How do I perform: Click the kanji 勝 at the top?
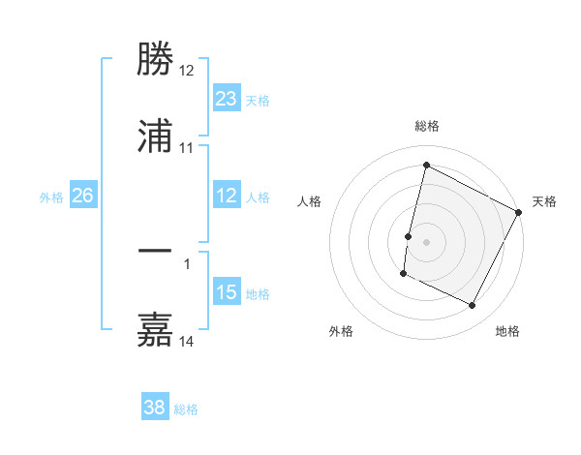coord(155,61)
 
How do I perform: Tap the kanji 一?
coord(155,251)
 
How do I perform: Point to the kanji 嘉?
coord(155,329)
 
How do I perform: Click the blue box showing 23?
coord(226,99)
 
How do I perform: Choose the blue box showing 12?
coord(226,197)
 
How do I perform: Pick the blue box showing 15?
coord(226,293)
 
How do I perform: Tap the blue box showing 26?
coord(82,197)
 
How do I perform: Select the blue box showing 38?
coord(154,409)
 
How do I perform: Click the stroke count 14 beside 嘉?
coord(187,341)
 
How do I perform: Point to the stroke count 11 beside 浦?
coord(187,147)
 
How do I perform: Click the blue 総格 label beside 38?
coord(186,409)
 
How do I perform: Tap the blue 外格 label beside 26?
coord(51,197)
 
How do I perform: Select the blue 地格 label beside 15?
coord(258,294)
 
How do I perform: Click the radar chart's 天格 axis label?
coord(544,201)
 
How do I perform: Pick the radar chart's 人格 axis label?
coord(309,201)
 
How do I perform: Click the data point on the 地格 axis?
coord(473,306)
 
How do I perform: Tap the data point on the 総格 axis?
coord(426,165)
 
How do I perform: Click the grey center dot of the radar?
coord(426,240)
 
